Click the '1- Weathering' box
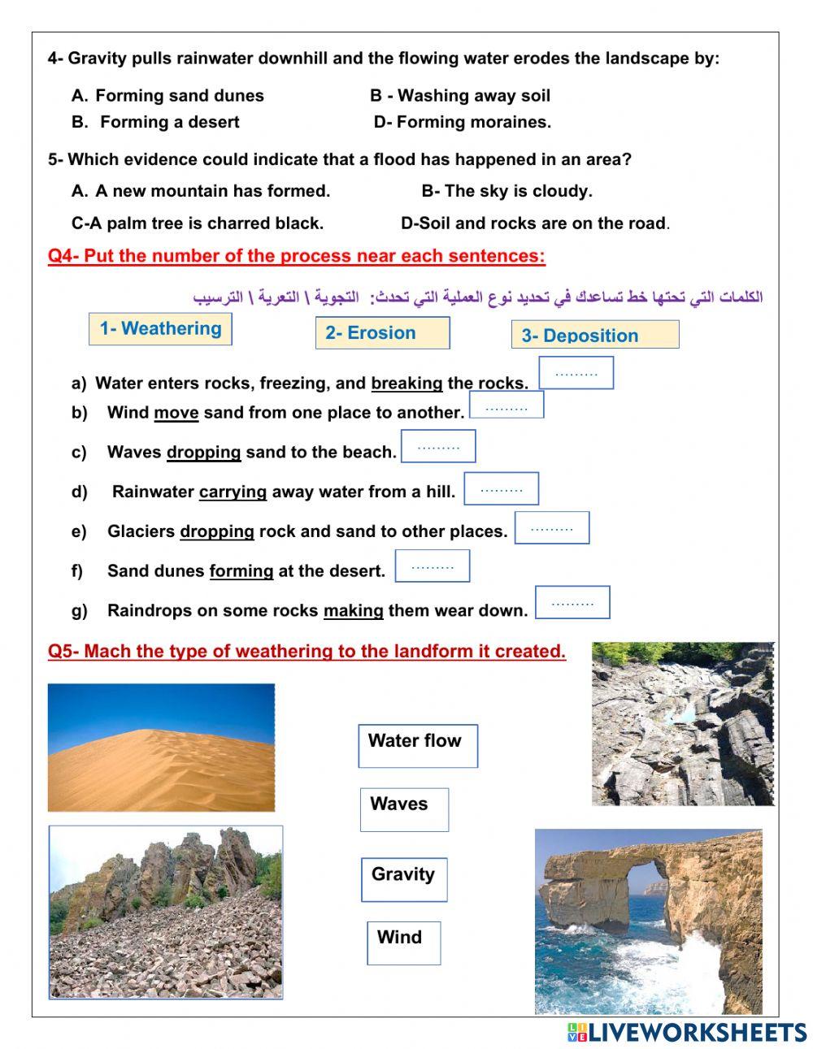click(x=160, y=329)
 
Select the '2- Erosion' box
click(x=382, y=333)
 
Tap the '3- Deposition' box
click(x=595, y=335)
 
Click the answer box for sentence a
click(x=576, y=374)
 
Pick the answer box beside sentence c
click(x=438, y=447)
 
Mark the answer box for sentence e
click(x=552, y=528)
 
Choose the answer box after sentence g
click(x=572, y=603)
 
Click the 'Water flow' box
click(x=418, y=746)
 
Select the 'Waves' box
click(x=404, y=809)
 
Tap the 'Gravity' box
click(x=404, y=880)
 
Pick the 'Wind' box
click(x=403, y=943)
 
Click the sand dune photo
click(x=161, y=748)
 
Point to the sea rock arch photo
click(x=648, y=921)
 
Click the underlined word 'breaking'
click(x=406, y=383)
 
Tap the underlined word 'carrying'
click(x=233, y=492)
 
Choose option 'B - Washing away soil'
click(x=460, y=96)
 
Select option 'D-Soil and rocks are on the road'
click(x=534, y=223)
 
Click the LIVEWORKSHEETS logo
click(x=687, y=1032)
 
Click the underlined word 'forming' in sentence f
click(x=241, y=571)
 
